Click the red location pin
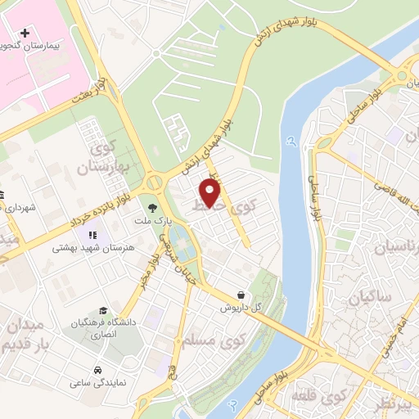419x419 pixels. pyautogui.click(x=210, y=192)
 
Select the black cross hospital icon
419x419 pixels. pyautogui.click(x=25, y=34)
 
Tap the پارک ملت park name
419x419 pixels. pyautogui.click(x=152, y=223)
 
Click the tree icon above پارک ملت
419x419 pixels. pyautogui.click(x=152, y=208)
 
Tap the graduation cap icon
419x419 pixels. pyautogui.click(x=103, y=310)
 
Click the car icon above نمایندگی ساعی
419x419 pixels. pyautogui.click(x=98, y=369)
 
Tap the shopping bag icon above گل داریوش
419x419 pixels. pyautogui.click(x=240, y=295)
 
